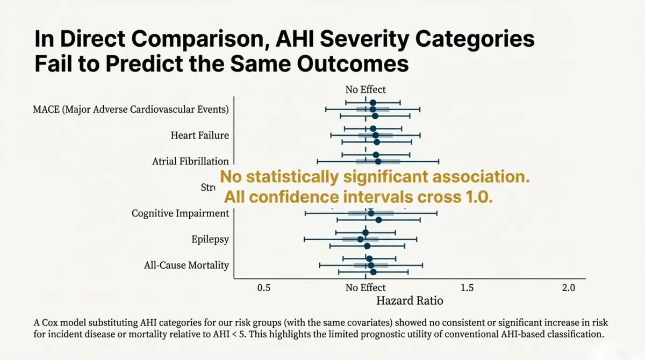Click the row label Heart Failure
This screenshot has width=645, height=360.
[x=199, y=135]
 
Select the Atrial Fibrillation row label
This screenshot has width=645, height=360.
[x=190, y=161]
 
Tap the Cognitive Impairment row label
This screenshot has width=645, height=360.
[x=180, y=213]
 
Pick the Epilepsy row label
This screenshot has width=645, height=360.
[x=210, y=239]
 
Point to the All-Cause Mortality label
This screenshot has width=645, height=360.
[x=187, y=265]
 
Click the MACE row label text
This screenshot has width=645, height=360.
[x=131, y=110]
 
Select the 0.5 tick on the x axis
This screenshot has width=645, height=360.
[x=264, y=287]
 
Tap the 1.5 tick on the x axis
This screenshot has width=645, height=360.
[x=467, y=287]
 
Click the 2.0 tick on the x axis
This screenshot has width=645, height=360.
[x=568, y=287]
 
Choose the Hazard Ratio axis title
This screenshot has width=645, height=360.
[x=410, y=301]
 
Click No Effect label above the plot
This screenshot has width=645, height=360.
[x=365, y=90]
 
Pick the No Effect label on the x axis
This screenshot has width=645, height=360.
[x=365, y=287]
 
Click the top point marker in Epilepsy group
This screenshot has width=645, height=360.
[x=365, y=233]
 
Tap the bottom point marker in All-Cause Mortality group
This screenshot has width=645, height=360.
[x=373, y=272]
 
